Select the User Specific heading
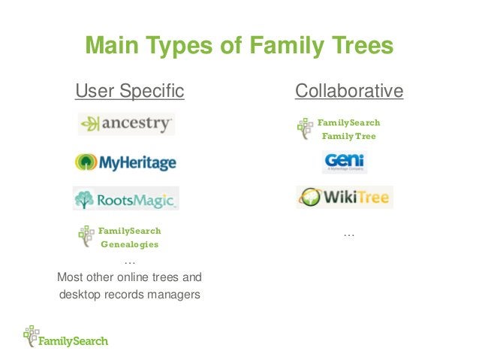(x=129, y=92)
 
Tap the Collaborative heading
(x=349, y=92)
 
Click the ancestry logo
(x=126, y=124)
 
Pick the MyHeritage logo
(x=125, y=162)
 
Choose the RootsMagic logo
(x=126, y=200)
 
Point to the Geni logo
(x=344, y=162)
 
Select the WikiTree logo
(x=344, y=198)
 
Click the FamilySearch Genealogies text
(x=130, y=237)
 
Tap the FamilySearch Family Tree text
(x=348, y=129)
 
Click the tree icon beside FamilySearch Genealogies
(x=86, y=236)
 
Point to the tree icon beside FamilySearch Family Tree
(x=305, y=129)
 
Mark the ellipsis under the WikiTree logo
(x=348, y=235)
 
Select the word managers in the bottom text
(x=173, y=295)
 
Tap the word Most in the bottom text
(x=70, y=277)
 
